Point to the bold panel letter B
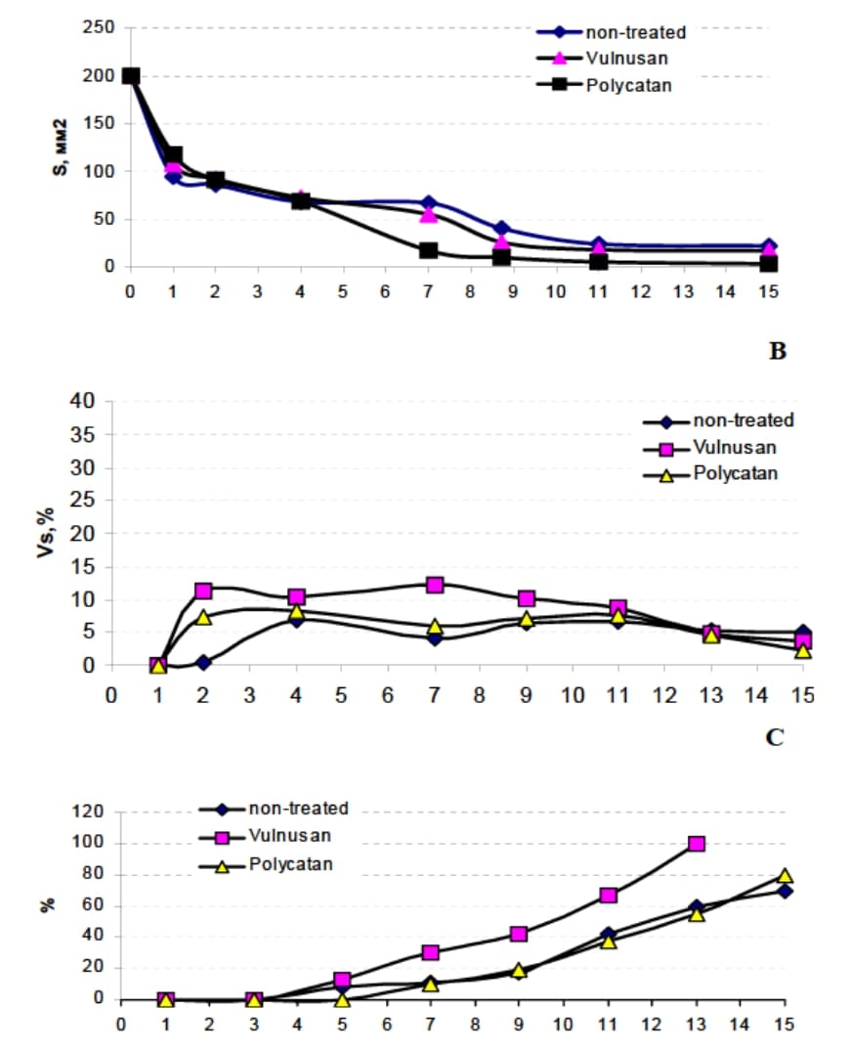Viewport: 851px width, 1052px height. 777,351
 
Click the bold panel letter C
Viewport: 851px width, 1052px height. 775,736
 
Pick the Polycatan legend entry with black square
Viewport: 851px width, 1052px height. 605,85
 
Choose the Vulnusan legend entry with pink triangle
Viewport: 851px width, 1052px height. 605,59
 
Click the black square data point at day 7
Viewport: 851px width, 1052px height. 428,251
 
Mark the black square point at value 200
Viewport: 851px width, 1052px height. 130,76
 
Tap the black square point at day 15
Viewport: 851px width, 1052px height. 769,263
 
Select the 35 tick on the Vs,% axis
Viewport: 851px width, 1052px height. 88,435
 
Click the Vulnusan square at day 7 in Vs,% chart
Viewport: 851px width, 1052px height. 435,585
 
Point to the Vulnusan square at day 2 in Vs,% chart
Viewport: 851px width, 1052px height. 203,592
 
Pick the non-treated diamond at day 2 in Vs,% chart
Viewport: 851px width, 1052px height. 203,663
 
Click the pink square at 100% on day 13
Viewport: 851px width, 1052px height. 697,844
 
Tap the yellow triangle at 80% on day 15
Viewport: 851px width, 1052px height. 785,876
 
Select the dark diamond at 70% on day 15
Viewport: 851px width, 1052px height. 785,891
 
